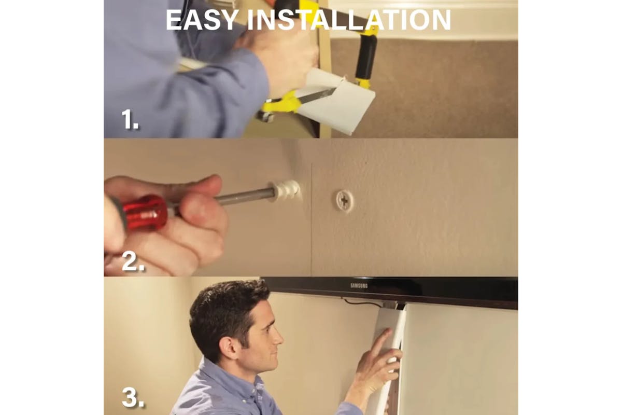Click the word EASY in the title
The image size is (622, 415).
pos(202,20)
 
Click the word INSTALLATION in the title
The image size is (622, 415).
pos(349,20)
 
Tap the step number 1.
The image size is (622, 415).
pos(130,119)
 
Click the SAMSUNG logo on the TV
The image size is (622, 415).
pos(359,286)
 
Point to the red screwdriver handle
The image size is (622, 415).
pos(145,212)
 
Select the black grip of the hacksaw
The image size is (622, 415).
pos(366,57)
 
